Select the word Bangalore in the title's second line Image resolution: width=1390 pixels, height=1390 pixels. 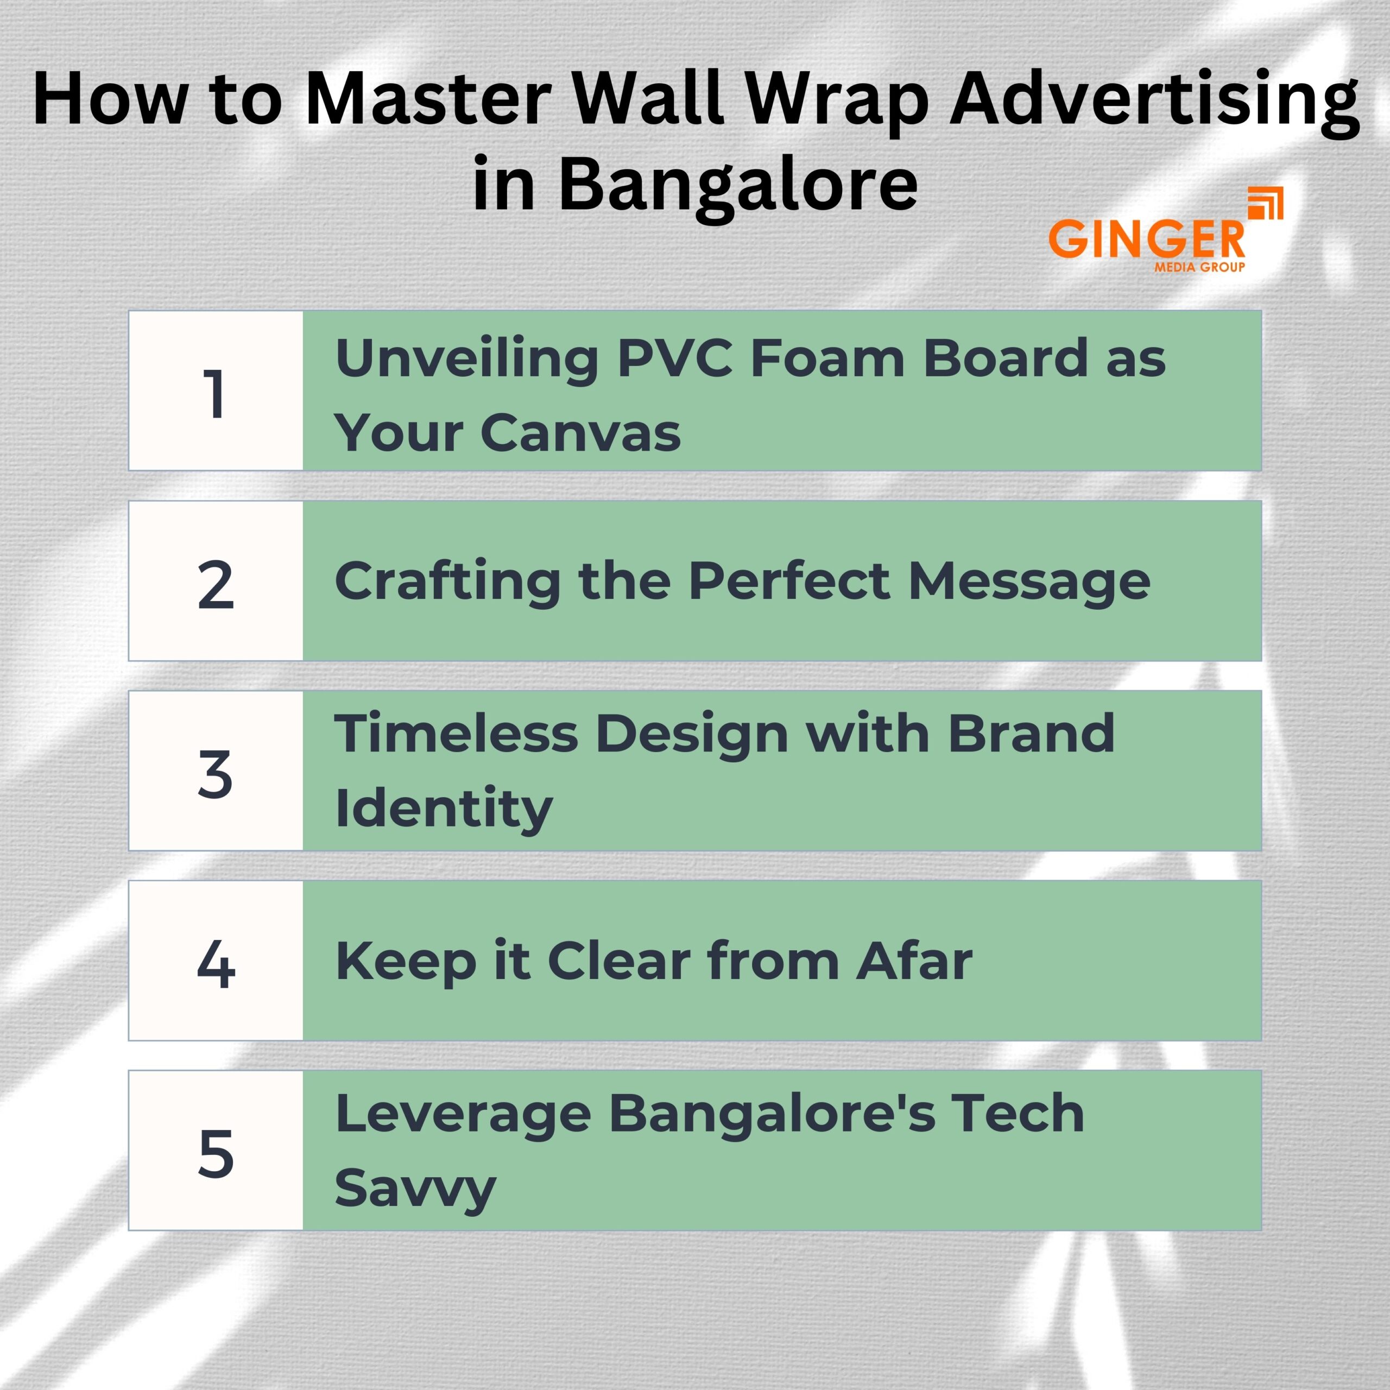(738, 184)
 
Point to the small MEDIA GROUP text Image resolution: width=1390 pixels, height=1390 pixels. (1199, 267)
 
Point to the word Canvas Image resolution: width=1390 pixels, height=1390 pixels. (580, 433)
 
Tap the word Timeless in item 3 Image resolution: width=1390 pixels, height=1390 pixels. (457, 734)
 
